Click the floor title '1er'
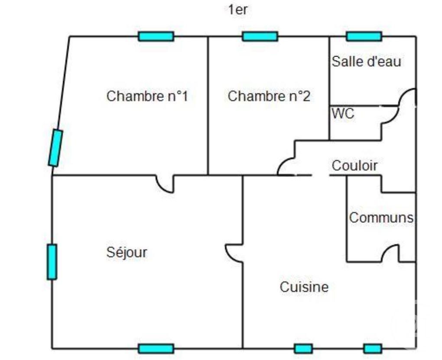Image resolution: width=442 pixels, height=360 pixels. pos(237,10)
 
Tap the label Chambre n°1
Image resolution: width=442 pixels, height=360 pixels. pos(147,96)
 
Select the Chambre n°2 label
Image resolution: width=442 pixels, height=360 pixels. pos(269,96)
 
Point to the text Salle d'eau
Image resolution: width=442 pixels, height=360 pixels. pos(366,62)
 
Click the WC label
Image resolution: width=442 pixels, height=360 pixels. pos(343,114)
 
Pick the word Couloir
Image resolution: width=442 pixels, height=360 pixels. pos(354,166)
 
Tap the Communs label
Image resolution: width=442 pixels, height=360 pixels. pos(381,218)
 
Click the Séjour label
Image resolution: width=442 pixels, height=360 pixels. pos(127,252)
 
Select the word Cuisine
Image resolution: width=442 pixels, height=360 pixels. pos(304,287)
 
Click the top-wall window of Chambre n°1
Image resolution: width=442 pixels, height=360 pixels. pos(156,36)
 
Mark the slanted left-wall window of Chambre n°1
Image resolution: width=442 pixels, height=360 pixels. pos(55,148)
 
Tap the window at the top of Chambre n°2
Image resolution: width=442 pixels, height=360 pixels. pos(260,36)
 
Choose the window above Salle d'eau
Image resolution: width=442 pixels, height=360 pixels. pos(364,36)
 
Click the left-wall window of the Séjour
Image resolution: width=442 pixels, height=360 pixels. pos(52,262)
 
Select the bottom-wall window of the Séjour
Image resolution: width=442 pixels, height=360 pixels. pos(156,349)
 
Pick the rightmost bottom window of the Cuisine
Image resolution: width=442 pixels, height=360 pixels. pos(373,349)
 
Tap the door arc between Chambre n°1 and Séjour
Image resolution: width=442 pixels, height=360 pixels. pos(161,188)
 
